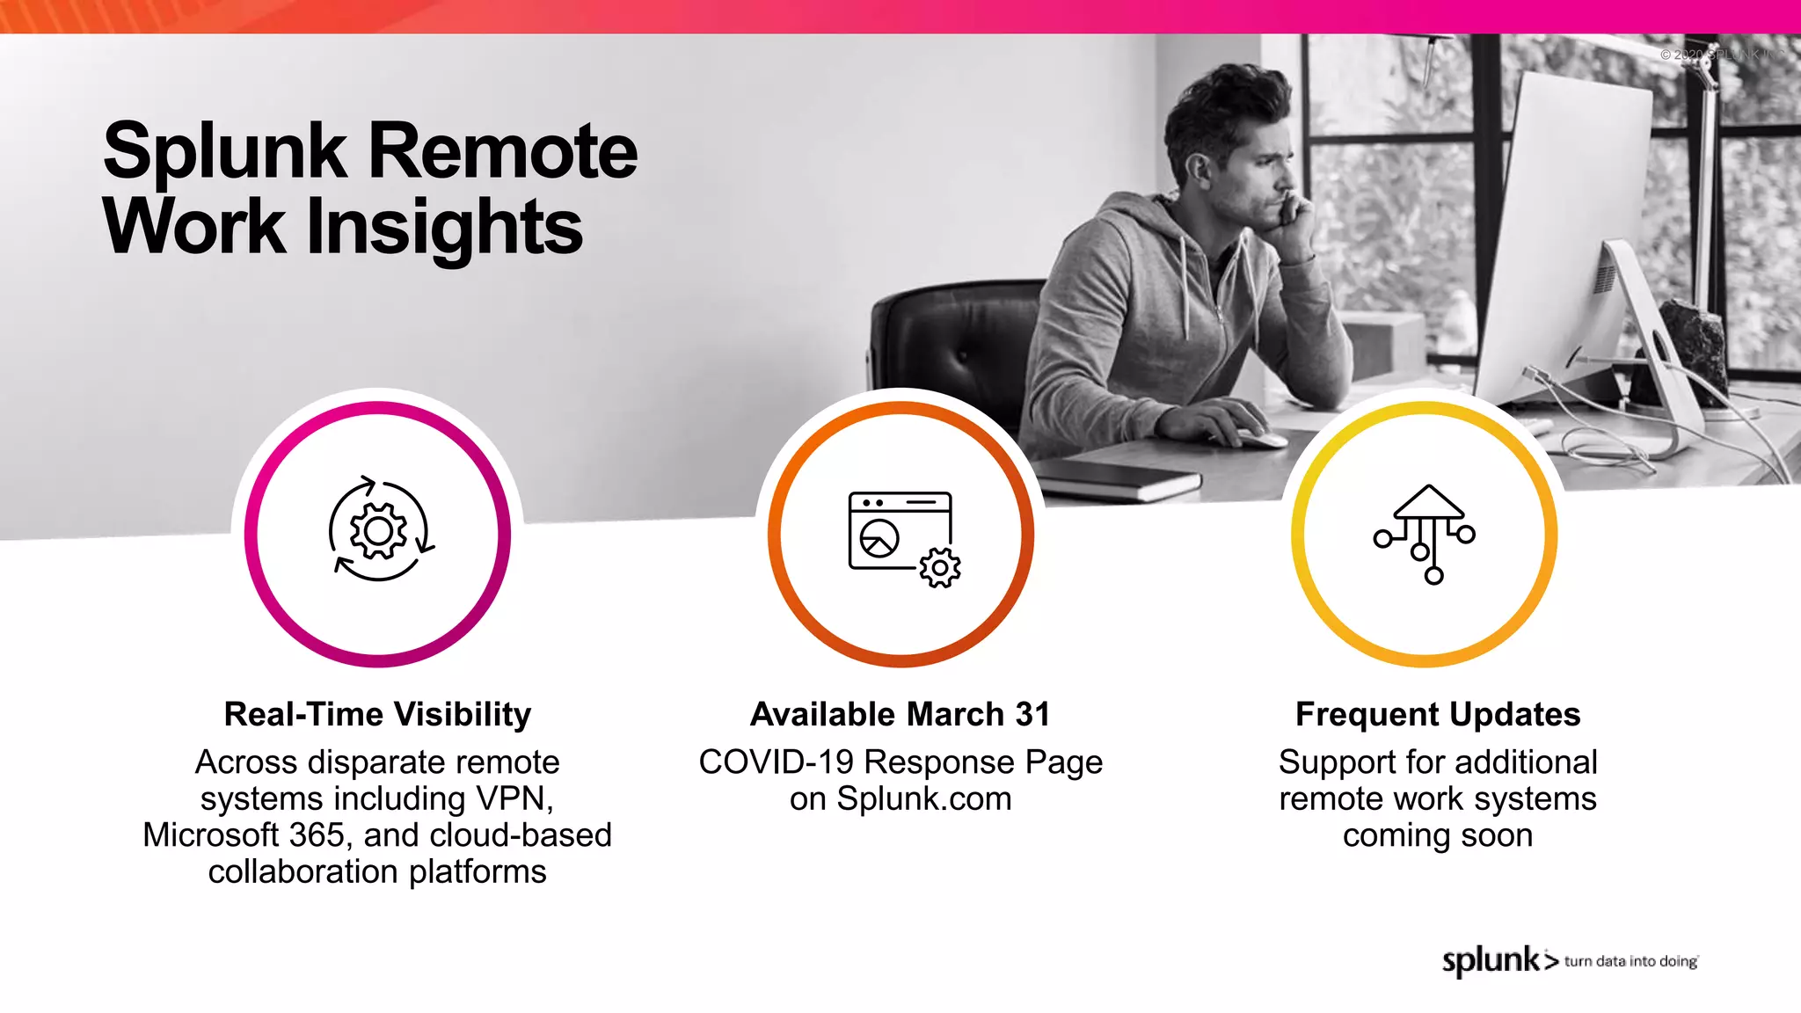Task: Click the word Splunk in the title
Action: coord(225,151)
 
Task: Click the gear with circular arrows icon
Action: coord(379,531)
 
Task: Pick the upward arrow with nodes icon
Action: coord(1425,533)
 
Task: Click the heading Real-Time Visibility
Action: coord(377,714)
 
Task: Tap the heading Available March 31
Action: coord(900,714)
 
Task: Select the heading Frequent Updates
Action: coord(1437,714)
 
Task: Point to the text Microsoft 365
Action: coord(244,835)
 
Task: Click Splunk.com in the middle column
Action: coord(923,798)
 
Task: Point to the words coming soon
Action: coord(1437,835)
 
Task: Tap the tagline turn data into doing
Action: coord(1630,961)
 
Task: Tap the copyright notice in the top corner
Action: coord(1719,55)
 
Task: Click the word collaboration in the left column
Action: coord(304,872)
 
